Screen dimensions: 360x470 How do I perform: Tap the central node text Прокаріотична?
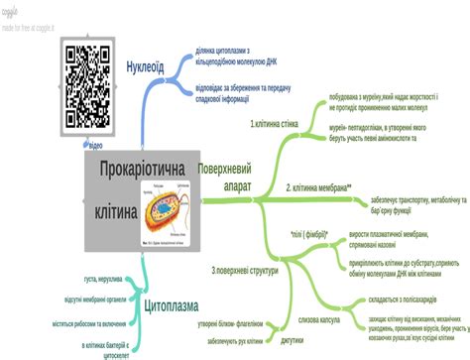click(142, 172)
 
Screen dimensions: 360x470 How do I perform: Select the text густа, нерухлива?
click(104, 279)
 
